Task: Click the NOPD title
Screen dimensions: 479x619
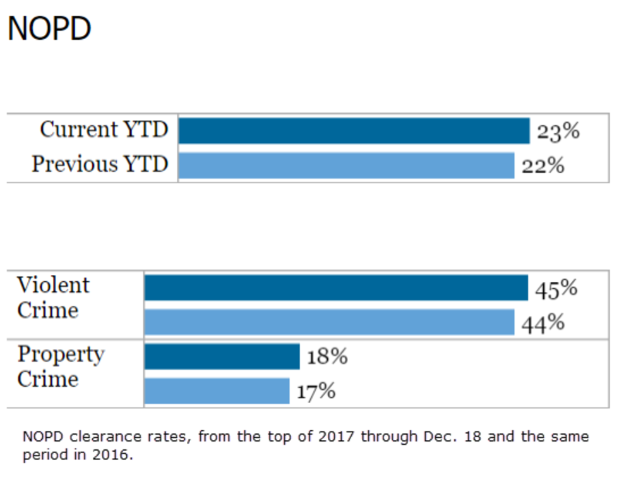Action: coord(49,29)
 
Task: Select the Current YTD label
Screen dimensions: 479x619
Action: coord(104,130)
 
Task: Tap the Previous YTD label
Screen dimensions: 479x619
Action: coord(100,164)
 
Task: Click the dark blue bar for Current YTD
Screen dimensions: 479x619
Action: coord(354,131)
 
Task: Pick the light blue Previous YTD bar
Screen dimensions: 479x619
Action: coord(346,166)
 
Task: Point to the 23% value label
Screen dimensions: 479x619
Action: coord(558,131)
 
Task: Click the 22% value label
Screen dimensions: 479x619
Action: coord(543,166)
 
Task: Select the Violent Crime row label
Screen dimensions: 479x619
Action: coord(53,298)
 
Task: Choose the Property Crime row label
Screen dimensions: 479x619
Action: coord(60,367)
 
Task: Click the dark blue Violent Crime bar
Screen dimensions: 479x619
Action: coord(336,288)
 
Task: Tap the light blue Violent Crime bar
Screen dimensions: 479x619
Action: coord(329,322)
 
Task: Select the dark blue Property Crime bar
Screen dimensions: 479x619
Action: coord(222,356)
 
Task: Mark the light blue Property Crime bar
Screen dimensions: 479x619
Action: coord(217,391)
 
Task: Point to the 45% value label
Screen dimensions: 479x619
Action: coord(556,289)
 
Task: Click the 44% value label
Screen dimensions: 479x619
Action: coord(543,323)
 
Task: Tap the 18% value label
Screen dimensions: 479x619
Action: coord(327,356)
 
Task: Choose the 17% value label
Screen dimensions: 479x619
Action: coord(316,392)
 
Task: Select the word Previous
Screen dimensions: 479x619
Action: coord(74,164)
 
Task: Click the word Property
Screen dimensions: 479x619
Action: coord(60,355)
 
